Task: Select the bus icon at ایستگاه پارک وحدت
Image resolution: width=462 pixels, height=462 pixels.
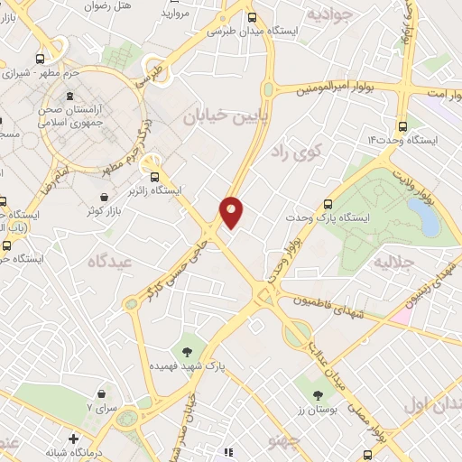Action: coord(328,204)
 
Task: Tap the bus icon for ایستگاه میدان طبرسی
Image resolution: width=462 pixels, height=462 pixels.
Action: coord(251,16)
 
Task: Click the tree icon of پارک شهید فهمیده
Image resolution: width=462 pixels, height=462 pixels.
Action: coord(188,350)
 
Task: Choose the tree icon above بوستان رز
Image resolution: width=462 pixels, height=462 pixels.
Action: coord(318,393)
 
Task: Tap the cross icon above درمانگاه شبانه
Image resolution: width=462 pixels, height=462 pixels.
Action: coord(73,439)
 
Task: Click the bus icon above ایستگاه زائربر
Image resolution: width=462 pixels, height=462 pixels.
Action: coord(156,177)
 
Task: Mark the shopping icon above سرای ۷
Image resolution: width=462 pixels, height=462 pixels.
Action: coord(102,393)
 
